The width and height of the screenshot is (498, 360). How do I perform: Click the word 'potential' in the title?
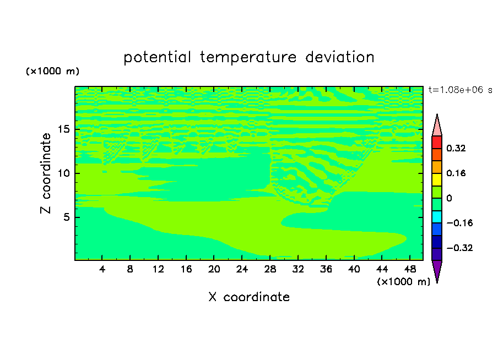click(x=157, y=57)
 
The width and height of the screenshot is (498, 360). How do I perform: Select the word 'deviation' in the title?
click(x=340, y=57)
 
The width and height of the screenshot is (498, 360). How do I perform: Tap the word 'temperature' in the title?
click(x=248, y=57)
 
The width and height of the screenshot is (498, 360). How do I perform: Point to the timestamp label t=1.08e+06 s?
click(x=460, y=90)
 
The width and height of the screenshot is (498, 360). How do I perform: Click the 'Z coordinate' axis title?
click(x=45, y=173)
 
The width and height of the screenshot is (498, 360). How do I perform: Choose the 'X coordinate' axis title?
click(x=249, y=297)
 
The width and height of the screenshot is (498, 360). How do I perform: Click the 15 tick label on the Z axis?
click(x=63, y=129)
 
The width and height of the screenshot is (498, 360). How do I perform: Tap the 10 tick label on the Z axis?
click(x=63, y=173)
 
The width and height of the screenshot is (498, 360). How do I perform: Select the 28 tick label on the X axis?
click(x=270, y=269)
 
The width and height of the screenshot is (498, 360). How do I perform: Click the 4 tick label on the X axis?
click(x=102, y=269)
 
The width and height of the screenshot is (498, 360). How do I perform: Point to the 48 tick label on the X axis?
click(x=410, y=269)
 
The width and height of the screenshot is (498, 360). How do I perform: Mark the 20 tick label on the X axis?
click(x=214, y=269)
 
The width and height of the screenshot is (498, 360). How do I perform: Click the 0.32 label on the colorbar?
click(x=456, y=148)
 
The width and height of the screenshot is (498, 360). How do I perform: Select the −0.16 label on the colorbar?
click(x=459, y=223)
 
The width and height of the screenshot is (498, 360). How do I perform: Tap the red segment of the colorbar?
click(x=437, y=142)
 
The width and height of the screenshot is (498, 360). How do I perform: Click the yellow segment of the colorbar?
click(x=437, y=179)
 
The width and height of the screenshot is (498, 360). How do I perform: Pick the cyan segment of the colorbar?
click(x=437, y=217)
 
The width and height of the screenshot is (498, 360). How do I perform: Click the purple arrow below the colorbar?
click(x=437, y=270)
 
